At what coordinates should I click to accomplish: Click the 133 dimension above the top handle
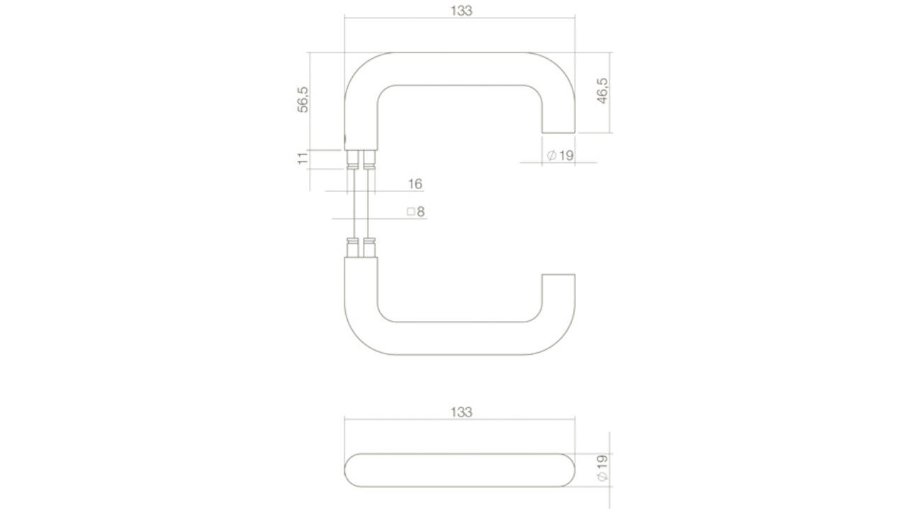tap(461, 11)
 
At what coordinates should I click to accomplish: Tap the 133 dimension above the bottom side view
tap(461, 412)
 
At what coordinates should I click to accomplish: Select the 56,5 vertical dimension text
tap(303, 100)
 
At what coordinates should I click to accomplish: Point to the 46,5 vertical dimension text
tap(602, 91)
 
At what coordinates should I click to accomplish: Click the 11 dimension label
tap(303, 159)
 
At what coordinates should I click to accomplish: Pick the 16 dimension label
tap(415, 184)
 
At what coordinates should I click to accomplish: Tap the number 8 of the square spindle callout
tap(421, 212)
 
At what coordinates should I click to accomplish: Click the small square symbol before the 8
tap(411, 212)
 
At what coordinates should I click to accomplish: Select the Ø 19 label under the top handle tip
tap(560, 155)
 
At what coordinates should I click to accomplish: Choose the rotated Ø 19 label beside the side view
tap(602, 468)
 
